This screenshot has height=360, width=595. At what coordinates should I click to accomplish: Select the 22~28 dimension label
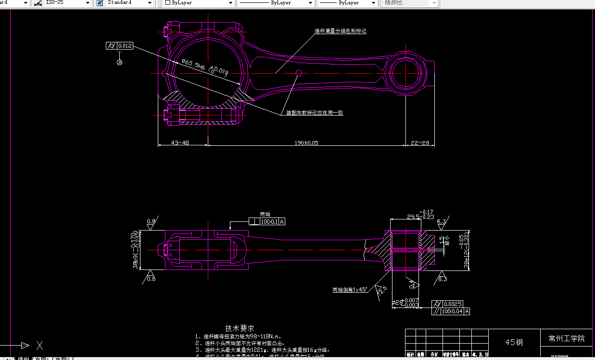click(x=419, y=143)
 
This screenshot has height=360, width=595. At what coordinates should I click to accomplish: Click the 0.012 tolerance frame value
click(x=125, y=46)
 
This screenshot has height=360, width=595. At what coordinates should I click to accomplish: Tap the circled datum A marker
click(x=120, y=62)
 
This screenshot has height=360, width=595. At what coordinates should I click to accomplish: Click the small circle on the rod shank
click(x=299, y=73)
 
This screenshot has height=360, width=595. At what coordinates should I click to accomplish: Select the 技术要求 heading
click(x=240, y=328)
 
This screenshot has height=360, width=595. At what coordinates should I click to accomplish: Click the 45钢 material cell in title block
click(x=514, y=342)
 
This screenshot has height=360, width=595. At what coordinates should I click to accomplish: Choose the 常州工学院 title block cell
click(x=567, y=338)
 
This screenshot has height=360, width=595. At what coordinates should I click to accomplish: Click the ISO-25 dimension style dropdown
click(x=67, y=3)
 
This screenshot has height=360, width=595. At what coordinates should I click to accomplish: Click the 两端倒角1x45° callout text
click(x=350, y=290)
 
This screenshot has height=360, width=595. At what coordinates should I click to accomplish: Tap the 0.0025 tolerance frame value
click(x=454, y=304)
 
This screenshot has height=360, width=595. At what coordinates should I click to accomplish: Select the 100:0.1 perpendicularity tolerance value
click(x=269, y=221)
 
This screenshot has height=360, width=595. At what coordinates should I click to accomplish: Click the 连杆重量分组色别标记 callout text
click(x=341, y=31)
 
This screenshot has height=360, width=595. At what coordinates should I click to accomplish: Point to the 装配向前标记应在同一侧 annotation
click(x=315, y=113)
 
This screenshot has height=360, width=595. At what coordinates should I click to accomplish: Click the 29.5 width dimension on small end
click(x=413, y=217)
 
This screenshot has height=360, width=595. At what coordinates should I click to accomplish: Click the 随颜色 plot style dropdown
click(x=409, y=3)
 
